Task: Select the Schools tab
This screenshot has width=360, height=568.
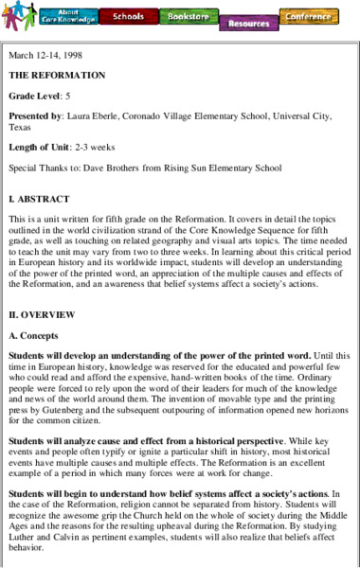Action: (127, 17)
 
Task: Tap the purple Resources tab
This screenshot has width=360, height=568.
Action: (247, 23)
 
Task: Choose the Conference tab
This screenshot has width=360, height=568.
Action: (309, 16)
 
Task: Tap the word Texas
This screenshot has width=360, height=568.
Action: (20, 126)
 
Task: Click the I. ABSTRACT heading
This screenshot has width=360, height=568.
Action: (39, 199)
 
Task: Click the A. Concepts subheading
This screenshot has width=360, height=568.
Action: (37, 334)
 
